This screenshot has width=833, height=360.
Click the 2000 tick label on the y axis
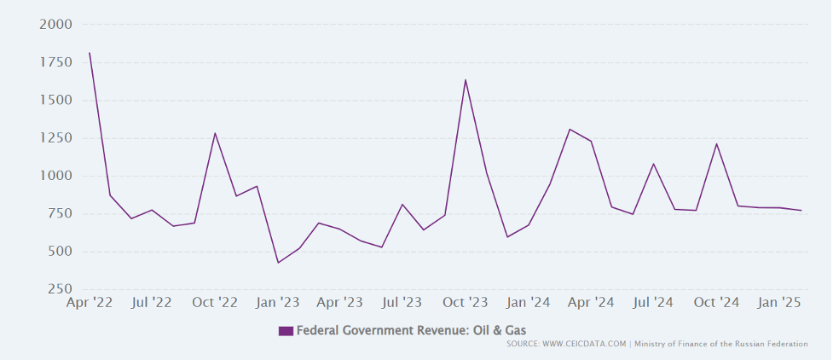click(56, 25)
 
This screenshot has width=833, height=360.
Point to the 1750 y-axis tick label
click(56, 62)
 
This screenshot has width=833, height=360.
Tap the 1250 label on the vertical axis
click(56, 138)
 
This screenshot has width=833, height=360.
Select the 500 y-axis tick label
click(60, 252)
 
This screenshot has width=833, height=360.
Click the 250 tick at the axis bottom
click(60, 289)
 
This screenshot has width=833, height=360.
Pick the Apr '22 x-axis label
click(90, 302)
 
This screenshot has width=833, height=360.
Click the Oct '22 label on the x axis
click(215, 302)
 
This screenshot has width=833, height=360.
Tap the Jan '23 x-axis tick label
click(278, 302)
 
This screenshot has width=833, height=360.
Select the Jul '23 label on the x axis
click(402, 302)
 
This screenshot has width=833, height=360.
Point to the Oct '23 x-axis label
click(466, 302)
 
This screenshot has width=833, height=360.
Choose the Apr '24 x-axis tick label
click(591, 302)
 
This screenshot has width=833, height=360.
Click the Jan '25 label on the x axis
click(779, 302)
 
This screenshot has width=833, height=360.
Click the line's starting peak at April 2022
click(90, 53)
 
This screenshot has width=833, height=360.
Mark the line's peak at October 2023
click(466, 80)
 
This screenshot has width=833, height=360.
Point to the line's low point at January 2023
click(278, 263)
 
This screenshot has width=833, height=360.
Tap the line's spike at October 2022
click(215, 133)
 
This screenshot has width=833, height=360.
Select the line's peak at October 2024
click(716, 143)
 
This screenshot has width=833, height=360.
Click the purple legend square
click(286, 331)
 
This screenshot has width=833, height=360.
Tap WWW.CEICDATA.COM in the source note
click(584, 344)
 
